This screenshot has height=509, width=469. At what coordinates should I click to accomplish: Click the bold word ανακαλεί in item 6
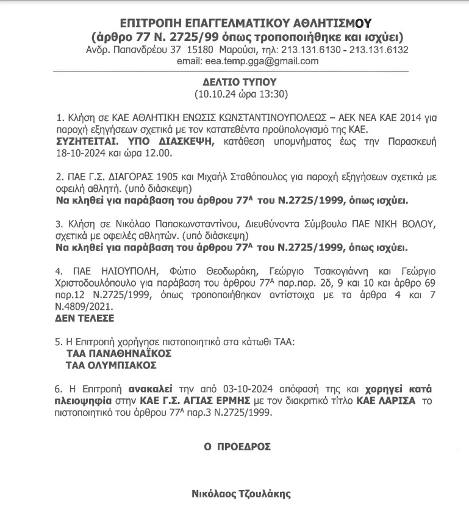(x=149, y=389)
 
